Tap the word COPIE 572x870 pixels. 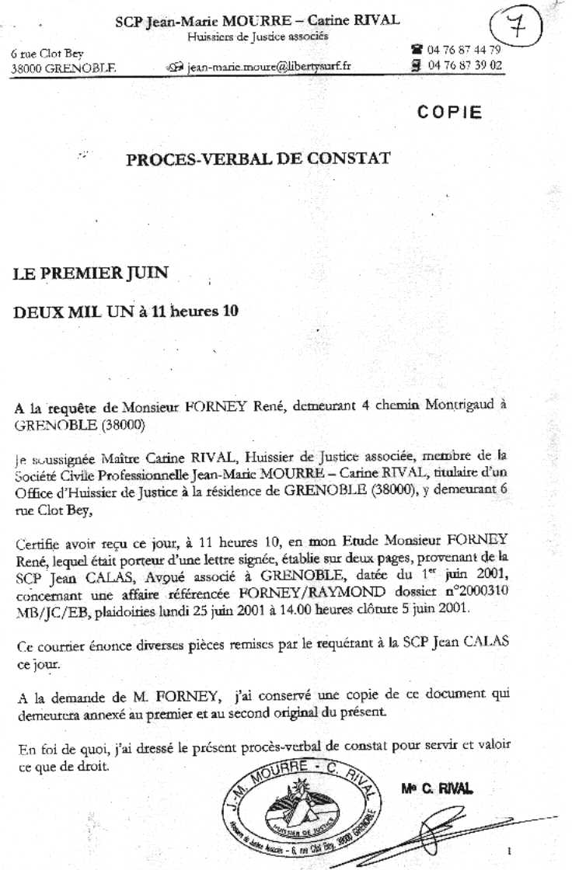[449, 112]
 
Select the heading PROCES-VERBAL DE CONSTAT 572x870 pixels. [257, 160]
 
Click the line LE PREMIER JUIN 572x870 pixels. [91, 273]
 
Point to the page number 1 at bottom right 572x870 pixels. [509, 851]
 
